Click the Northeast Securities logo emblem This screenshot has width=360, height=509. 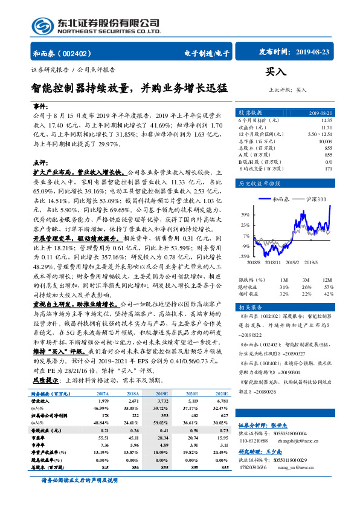click(42, 25)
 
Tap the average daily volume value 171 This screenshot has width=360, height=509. click(328, 169)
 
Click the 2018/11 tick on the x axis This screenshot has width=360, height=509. click(273, 262)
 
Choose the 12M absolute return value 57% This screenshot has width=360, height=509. click(329, 286)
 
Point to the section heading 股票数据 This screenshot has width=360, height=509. click(249, 113)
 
